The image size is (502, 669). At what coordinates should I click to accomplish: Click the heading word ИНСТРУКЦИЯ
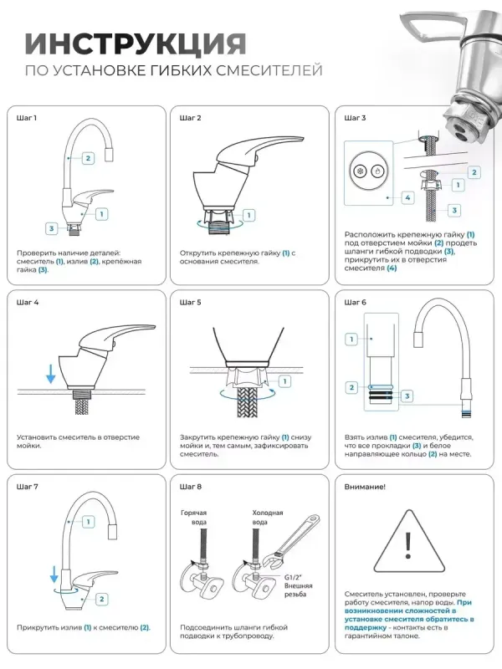(x=135, y=43)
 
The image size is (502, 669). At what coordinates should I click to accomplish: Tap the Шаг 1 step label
(x=27, y=118)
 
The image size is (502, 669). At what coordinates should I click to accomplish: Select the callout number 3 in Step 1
(x=52, y=227)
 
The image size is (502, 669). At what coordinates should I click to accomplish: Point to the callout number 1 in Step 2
(x=248, y=215)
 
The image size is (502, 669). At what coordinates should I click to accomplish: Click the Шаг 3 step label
(x=355, y=118)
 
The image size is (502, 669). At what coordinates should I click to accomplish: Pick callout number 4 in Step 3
(x=407, y=198)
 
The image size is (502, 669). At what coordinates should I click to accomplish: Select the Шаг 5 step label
(x=191, y=302)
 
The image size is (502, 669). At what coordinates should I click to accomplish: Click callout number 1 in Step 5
(x=284, y=381)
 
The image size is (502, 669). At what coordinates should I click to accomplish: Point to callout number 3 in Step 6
(x=407, y=395)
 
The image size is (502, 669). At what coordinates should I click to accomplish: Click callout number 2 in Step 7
(x=102, y=598)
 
